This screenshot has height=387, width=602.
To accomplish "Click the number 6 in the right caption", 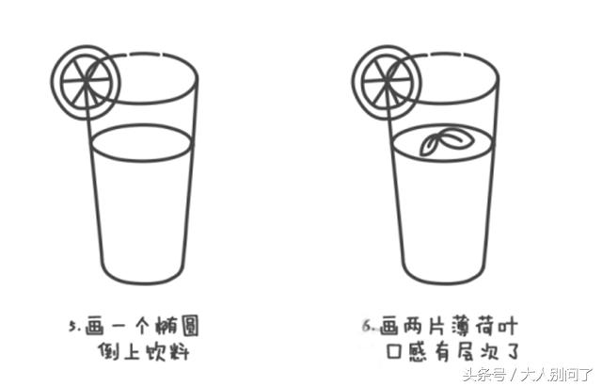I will click(x=369, y=327).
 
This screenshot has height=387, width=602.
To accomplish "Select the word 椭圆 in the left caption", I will click(x=183, y=326).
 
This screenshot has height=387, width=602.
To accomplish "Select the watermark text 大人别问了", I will click(x=561, y=375).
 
